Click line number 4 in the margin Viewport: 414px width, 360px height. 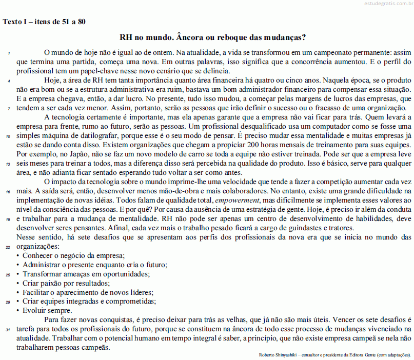[x=8, y=81]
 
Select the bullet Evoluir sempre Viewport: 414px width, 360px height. [x=48, y=310]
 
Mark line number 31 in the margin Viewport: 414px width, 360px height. [x=8, y=329]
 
